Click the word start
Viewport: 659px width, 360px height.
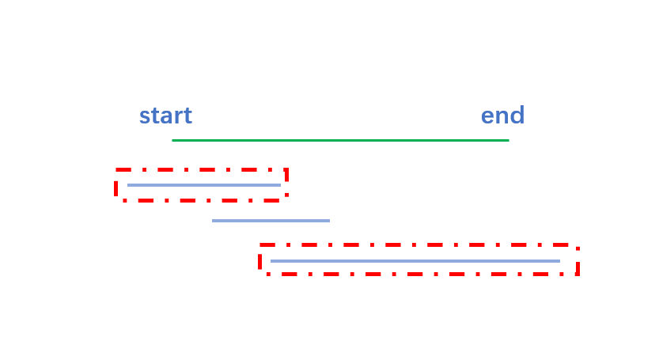165,116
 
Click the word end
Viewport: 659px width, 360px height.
502,116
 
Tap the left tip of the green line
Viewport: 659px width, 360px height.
172,140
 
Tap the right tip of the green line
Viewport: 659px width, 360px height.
508,140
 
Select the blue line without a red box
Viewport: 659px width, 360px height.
271,221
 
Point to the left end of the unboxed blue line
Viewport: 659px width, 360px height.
213,221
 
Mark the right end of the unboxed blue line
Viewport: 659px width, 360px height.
329,221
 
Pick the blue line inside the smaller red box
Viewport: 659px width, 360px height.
204,185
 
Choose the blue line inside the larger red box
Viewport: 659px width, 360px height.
415,260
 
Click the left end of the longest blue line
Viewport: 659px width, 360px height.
271,260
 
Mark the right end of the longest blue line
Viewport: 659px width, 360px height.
559,260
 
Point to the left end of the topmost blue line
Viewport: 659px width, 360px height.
128,185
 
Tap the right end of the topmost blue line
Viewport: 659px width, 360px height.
280,185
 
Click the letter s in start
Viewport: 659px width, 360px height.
145,117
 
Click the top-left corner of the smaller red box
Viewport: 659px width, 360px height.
117,170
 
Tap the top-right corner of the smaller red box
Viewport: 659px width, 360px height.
286,170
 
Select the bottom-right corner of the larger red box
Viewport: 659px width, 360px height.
578,274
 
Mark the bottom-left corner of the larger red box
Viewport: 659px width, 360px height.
260,274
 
